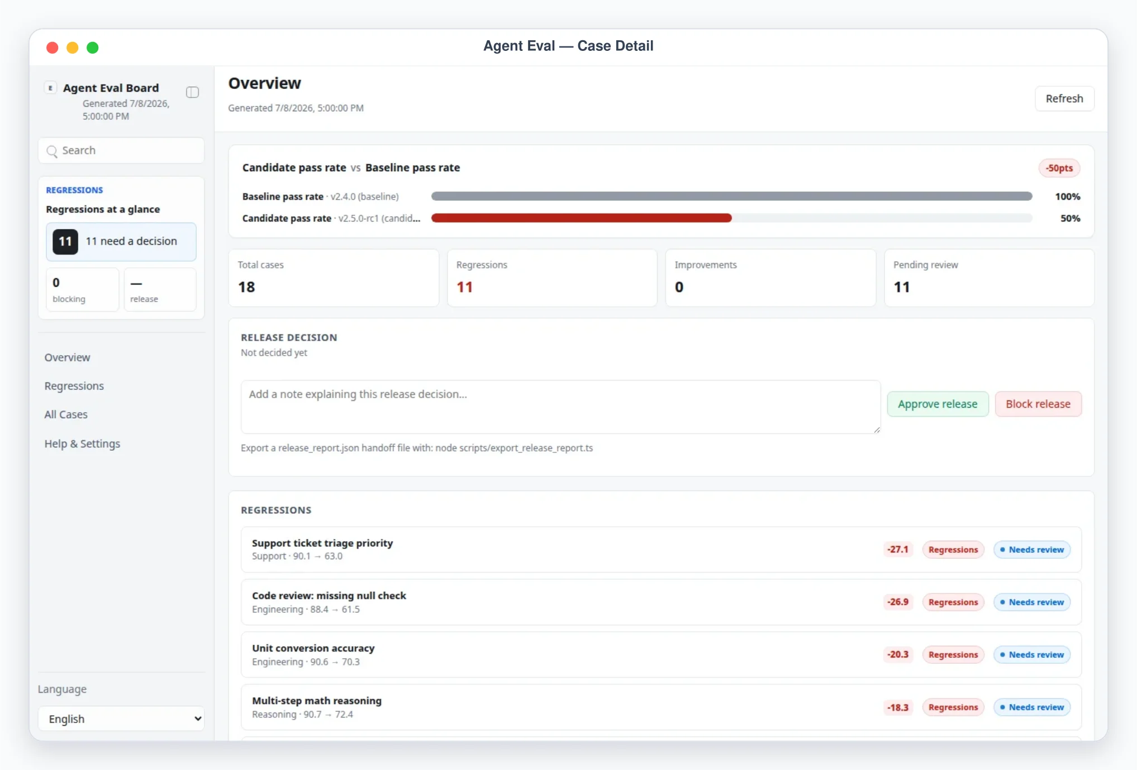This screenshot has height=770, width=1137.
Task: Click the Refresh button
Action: pyautogui.click(x=1064, y=98)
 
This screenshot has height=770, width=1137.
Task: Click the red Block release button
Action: pyautogui.click(x=1038, y=404)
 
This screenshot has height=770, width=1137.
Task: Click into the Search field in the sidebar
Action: pyautogui.click(x=121, y=150)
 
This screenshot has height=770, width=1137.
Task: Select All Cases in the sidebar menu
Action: pyautogui.click(x=66, y=414)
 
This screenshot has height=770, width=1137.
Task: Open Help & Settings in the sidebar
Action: pyautogui.click(x=82, y=443)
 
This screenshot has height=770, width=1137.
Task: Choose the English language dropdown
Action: pyautogui.click(x=121, y=719)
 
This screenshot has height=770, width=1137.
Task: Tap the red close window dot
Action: pyautogui.click(x=53, y=48)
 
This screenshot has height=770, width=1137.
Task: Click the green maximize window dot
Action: pyautogui.click(x=93, y=48)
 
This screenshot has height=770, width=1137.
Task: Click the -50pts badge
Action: pyautogui.click(x=1059, y=168)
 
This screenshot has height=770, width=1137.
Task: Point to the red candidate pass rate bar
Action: pyautogui.click(x=581, y=218)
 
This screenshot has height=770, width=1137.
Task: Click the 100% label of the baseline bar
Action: pyautogui.click(x=1067, y=196)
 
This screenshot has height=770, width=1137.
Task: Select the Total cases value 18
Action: pyautogui.click(x=246, y=287)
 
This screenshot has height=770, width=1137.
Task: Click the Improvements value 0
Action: pyautogui.click(x=679, y=287)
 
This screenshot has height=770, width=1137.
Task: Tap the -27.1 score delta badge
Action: pyautogui.click(x=898, y=550)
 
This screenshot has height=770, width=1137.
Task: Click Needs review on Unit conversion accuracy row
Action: pyautogui.click(x=1031, y=655)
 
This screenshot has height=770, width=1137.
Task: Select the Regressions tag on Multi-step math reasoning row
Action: pyautogui.click(x=953, y=707)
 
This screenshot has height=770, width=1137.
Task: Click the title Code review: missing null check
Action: pyautogui.click(x=329, y=596)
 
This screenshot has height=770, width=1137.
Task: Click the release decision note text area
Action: pyautogui.click(x=560, y=407)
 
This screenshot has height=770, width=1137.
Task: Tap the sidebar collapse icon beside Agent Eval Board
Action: pyautogui.click(x=192, y=92)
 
